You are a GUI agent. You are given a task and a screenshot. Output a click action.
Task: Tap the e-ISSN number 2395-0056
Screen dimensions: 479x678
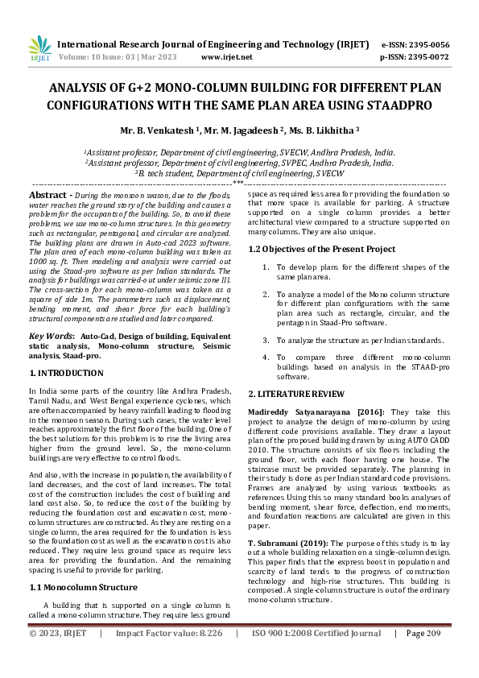[427, 45]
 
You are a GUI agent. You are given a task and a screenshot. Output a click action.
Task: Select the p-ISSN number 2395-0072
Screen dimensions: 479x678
[427, 57]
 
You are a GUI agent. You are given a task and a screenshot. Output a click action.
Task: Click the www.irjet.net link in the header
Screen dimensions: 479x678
[226, 57]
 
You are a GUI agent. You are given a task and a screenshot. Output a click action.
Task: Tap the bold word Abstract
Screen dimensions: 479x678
[51, 196]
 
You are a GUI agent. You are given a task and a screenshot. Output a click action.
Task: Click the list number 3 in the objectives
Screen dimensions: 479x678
[265, 341]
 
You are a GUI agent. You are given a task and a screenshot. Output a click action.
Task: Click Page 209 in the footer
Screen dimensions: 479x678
[427, 656]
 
